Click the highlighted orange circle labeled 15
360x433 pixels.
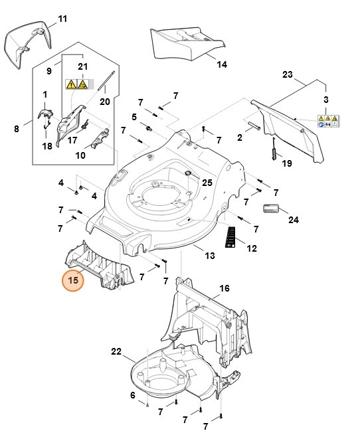74,280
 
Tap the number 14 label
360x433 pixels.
222,64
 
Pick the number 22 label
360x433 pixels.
117,351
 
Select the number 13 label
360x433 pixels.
209,256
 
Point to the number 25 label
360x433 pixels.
207,182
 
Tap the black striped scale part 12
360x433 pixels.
231,236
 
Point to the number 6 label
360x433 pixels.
132,395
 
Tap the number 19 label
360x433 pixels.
287,163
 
